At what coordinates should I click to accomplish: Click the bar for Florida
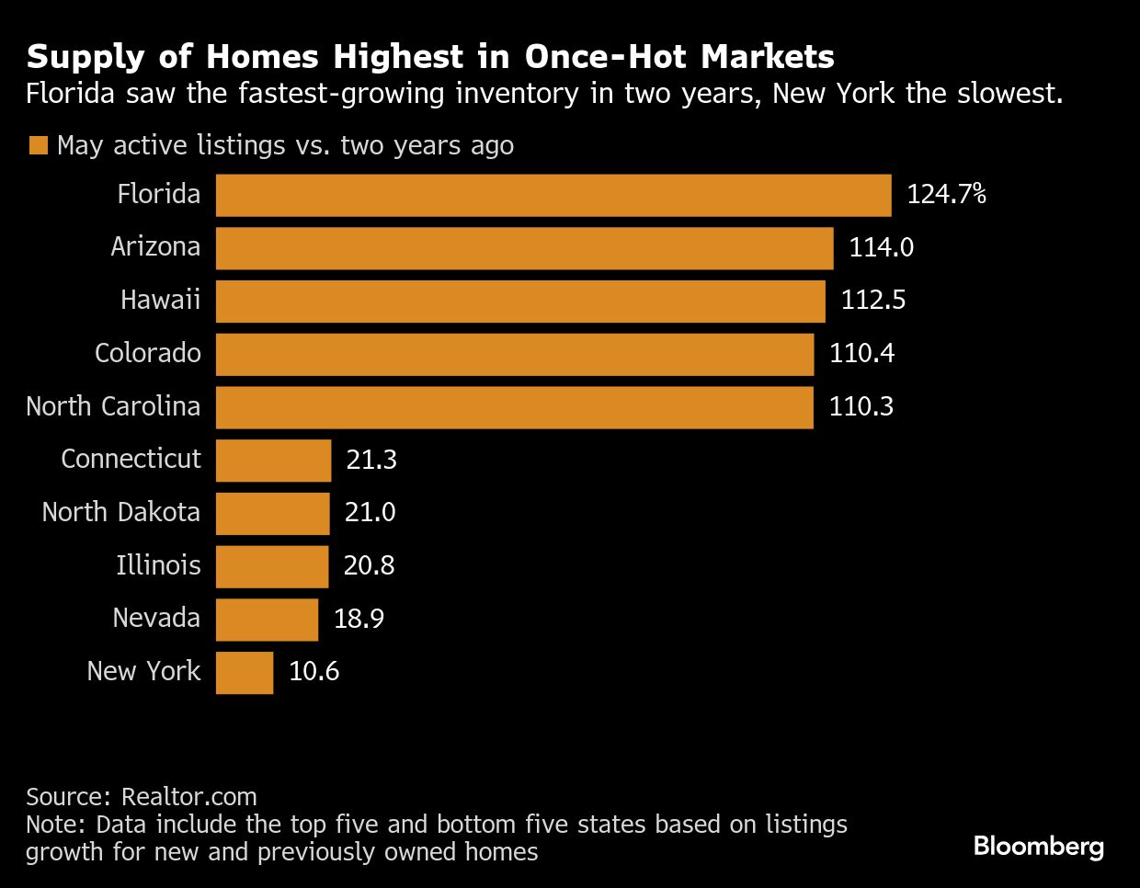coord(553,195)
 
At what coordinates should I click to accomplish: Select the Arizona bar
coord(524,248)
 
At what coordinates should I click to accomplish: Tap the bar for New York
coord(245,673)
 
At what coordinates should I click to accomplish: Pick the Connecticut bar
coord(273,461)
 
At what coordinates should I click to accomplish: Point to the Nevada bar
coord(267,620)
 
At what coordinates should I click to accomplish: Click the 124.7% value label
coord(946,194)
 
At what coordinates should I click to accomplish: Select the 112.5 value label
coord(872,301)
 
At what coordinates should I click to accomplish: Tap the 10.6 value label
coord(313,672)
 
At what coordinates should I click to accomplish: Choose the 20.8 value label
coord(369,565)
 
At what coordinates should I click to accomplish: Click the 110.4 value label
coord(861,354)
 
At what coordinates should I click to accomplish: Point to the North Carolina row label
coord(113,406)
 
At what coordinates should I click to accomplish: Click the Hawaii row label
coord(160,301)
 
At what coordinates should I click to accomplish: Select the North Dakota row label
coord(120,512)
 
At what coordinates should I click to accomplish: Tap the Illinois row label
coord(158,565)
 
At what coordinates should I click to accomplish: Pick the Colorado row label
coord(147,354)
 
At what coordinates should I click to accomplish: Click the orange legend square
coord(38,146)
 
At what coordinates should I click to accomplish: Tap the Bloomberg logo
coord(1038,846)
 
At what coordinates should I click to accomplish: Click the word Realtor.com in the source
coord(189,796)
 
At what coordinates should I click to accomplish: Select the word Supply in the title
coord(83,58)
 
